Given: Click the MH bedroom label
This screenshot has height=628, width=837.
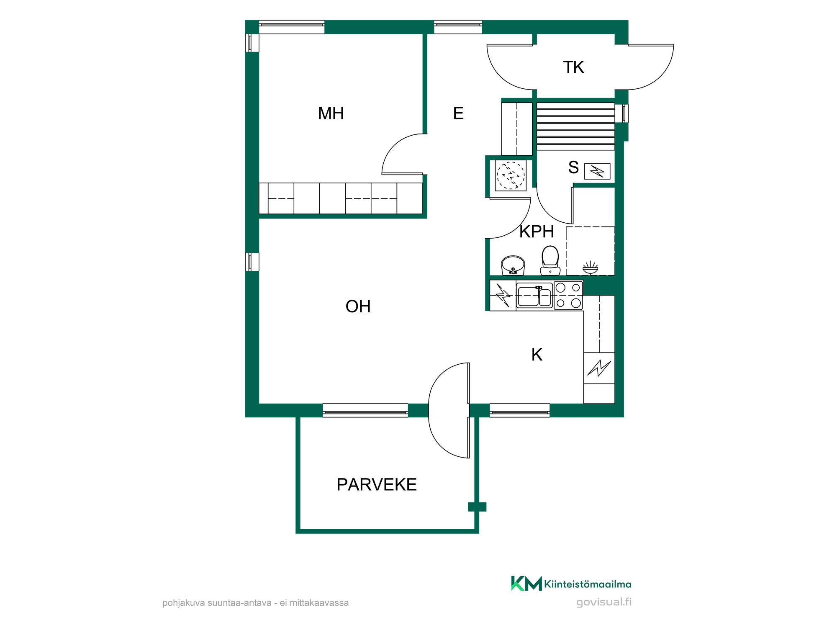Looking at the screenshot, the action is (x=331, y=113).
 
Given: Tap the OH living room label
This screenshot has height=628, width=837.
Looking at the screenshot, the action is (x=358, y=306).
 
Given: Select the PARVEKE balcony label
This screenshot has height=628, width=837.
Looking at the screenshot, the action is (x=377, y=484).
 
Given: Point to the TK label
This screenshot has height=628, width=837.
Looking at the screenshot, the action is (x=573, y=67).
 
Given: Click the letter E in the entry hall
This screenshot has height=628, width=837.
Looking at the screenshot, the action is (x=458, y=113).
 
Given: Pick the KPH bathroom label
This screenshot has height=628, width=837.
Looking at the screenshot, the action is (x=537, y=232).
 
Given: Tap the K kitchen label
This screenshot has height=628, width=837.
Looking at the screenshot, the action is (x=537, y=355).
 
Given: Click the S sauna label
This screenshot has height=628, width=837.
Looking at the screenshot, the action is (x=573, y=167).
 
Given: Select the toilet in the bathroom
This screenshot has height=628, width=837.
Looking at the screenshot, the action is (x=550, y=260).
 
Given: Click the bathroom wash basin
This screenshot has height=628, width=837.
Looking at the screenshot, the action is (x=513, y=265).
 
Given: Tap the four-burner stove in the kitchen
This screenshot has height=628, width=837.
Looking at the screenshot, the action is (x=568, y=295).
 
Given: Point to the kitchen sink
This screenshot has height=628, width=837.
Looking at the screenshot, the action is (x=534, y=296).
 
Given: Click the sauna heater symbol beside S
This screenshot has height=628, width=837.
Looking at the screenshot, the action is (x=597, y=171).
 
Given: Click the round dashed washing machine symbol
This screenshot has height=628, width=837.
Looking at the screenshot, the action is (x=511, y=175).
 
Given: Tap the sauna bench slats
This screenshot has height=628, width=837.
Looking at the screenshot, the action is (x=576, y=126).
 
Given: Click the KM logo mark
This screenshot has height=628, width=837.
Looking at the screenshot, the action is (x=526, y=583).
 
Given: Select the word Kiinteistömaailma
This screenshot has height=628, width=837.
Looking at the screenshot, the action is (x=588, y=584).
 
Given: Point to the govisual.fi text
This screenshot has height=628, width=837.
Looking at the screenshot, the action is (x=604, y=602).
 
